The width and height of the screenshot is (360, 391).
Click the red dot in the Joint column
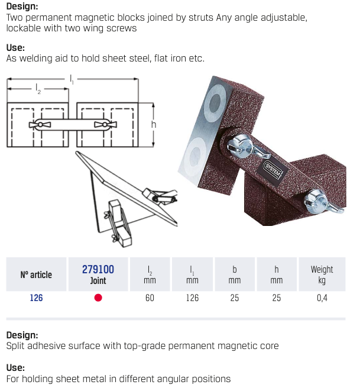pyautogui.click(x=98, y=298)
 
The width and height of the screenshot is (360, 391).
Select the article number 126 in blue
pyautogui.click(x=37, y=298)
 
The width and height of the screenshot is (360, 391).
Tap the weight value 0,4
pyautogui.click(x=322, y=298)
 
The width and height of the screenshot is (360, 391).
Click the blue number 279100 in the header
pyautogui.click(x=98, y=269)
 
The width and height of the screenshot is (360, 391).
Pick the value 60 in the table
pyautogui.click(x=150, y=298)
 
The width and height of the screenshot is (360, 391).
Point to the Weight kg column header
pyautogui.click(x=322, y=274)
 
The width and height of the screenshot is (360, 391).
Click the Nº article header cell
pyautogui.click(x=37, y=274)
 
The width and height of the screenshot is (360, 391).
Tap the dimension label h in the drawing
pyautogui.click(x=154, y=125)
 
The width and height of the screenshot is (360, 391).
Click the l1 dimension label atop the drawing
pyautogui.click(x=72, y=78)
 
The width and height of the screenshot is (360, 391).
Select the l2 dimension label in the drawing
pyautogui.click(x=38, y=89)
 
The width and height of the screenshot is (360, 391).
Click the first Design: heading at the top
pyautogui.click(x=22, y=7)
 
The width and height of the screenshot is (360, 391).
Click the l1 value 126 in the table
pyautogui.click(x=192, y=298)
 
